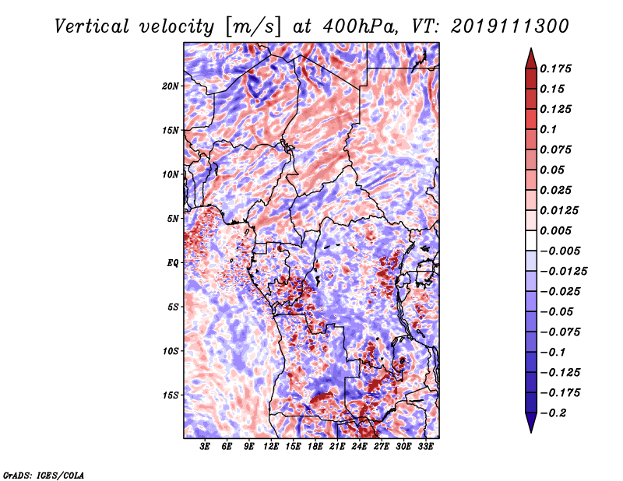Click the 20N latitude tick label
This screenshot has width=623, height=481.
pyautogui.click(x=171, y=86)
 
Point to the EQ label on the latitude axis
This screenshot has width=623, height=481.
pyautogui.click(x=173, y=263)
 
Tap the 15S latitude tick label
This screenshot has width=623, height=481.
pyautogui.click(x=171, y=395)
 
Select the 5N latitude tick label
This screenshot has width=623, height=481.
pyautogui.click(x=173, y=219)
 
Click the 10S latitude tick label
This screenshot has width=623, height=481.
pyautogui.click(x=171, y=351)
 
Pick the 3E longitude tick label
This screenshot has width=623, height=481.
pyautogui.click(x=205, y=448)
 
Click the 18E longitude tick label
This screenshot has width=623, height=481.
pyautogui.click(x=315, y=448)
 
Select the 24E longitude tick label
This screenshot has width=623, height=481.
pyautogui.click(x=360, y=448)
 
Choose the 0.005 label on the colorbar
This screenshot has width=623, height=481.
pyautogui.click(x=558, y=230)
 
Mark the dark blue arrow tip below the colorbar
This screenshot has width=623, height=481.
pyautogui.click(x=530, y=427)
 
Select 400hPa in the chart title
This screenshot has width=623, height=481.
pyautogui.click(x=350, y=26)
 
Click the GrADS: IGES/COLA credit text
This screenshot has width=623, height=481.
pyautogui.click(x=43, y=474)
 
